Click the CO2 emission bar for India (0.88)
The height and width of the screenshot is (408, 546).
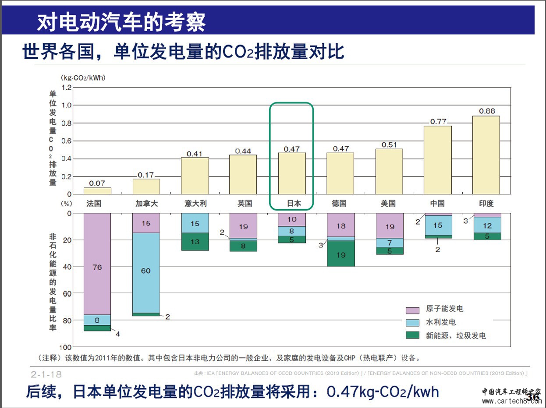pyautogui.click(x=486, y=155)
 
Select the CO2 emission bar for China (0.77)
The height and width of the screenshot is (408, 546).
pyautogui.click(x=437, y=160)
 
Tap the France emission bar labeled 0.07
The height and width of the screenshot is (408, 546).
pyautogui.click(x=97, y=191)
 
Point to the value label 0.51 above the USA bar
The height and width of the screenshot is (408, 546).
pyautogui.click(x=389, y=144)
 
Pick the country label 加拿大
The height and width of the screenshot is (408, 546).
pyautogui.click(x=146, y=204)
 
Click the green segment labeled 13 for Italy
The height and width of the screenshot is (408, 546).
pyautogui.click(x=195, y=242)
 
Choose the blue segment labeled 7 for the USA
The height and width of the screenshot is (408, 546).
pyautogui.click(x=389, y=243)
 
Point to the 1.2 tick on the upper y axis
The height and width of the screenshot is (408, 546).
pyautogui.click(x=66, y=88)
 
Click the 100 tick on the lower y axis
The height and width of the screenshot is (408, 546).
pyautogui.click(x=65, y=347)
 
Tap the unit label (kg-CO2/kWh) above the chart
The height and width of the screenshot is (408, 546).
pyautogui.click(x=83, y=78)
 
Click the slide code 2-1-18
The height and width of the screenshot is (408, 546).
pyautogui.click(x=46, y=374)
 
